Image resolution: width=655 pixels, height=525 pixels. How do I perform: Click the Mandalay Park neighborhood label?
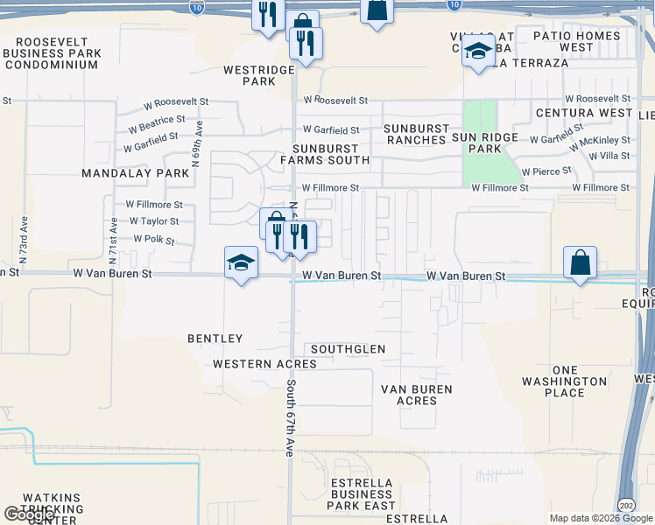135,173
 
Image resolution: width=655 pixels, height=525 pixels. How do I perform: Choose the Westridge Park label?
250,75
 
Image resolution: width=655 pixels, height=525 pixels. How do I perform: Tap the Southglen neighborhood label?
348,349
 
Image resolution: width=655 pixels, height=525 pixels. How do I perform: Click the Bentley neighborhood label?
215,338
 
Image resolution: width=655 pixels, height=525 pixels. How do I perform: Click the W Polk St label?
154,239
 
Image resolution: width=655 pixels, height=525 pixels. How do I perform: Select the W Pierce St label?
546,171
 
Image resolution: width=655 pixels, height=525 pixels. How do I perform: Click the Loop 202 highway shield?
626,506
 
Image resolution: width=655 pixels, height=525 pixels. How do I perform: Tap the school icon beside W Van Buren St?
241,262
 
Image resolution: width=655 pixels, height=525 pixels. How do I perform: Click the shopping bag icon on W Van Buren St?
581,262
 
